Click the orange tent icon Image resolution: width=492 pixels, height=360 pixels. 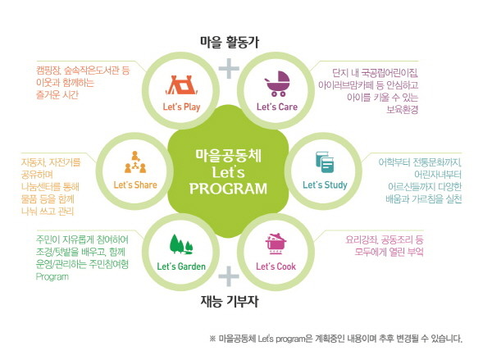coord(182,85)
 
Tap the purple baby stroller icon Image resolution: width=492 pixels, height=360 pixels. coord(277,84)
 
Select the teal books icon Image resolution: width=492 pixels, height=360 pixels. coord(325,162)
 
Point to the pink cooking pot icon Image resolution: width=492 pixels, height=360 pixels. coord(276,244)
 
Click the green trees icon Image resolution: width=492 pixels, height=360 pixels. coord(181,244)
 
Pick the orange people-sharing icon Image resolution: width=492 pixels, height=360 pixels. coord(135,162)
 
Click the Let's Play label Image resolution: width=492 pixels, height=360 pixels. coord(181,107)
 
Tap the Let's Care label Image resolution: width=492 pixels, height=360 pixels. coord(277,107)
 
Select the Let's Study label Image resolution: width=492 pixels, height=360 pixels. coord(325,185)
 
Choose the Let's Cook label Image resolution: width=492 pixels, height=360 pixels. coord(276,267)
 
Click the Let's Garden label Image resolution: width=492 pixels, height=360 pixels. coord(181,267)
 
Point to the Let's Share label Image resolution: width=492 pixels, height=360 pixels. coord(135,185)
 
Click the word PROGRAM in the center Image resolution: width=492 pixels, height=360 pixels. coord(228,189)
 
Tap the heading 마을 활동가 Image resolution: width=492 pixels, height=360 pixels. coord(230,42)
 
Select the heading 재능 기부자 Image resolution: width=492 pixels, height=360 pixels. coord(230,301)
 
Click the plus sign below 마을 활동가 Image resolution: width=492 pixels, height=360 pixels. coord(229,68)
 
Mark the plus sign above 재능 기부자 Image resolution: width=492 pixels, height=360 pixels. coord(229,276)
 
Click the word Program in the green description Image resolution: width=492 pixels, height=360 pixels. coord(52,277)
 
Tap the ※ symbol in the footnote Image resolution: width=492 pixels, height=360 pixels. coord(212,339)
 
